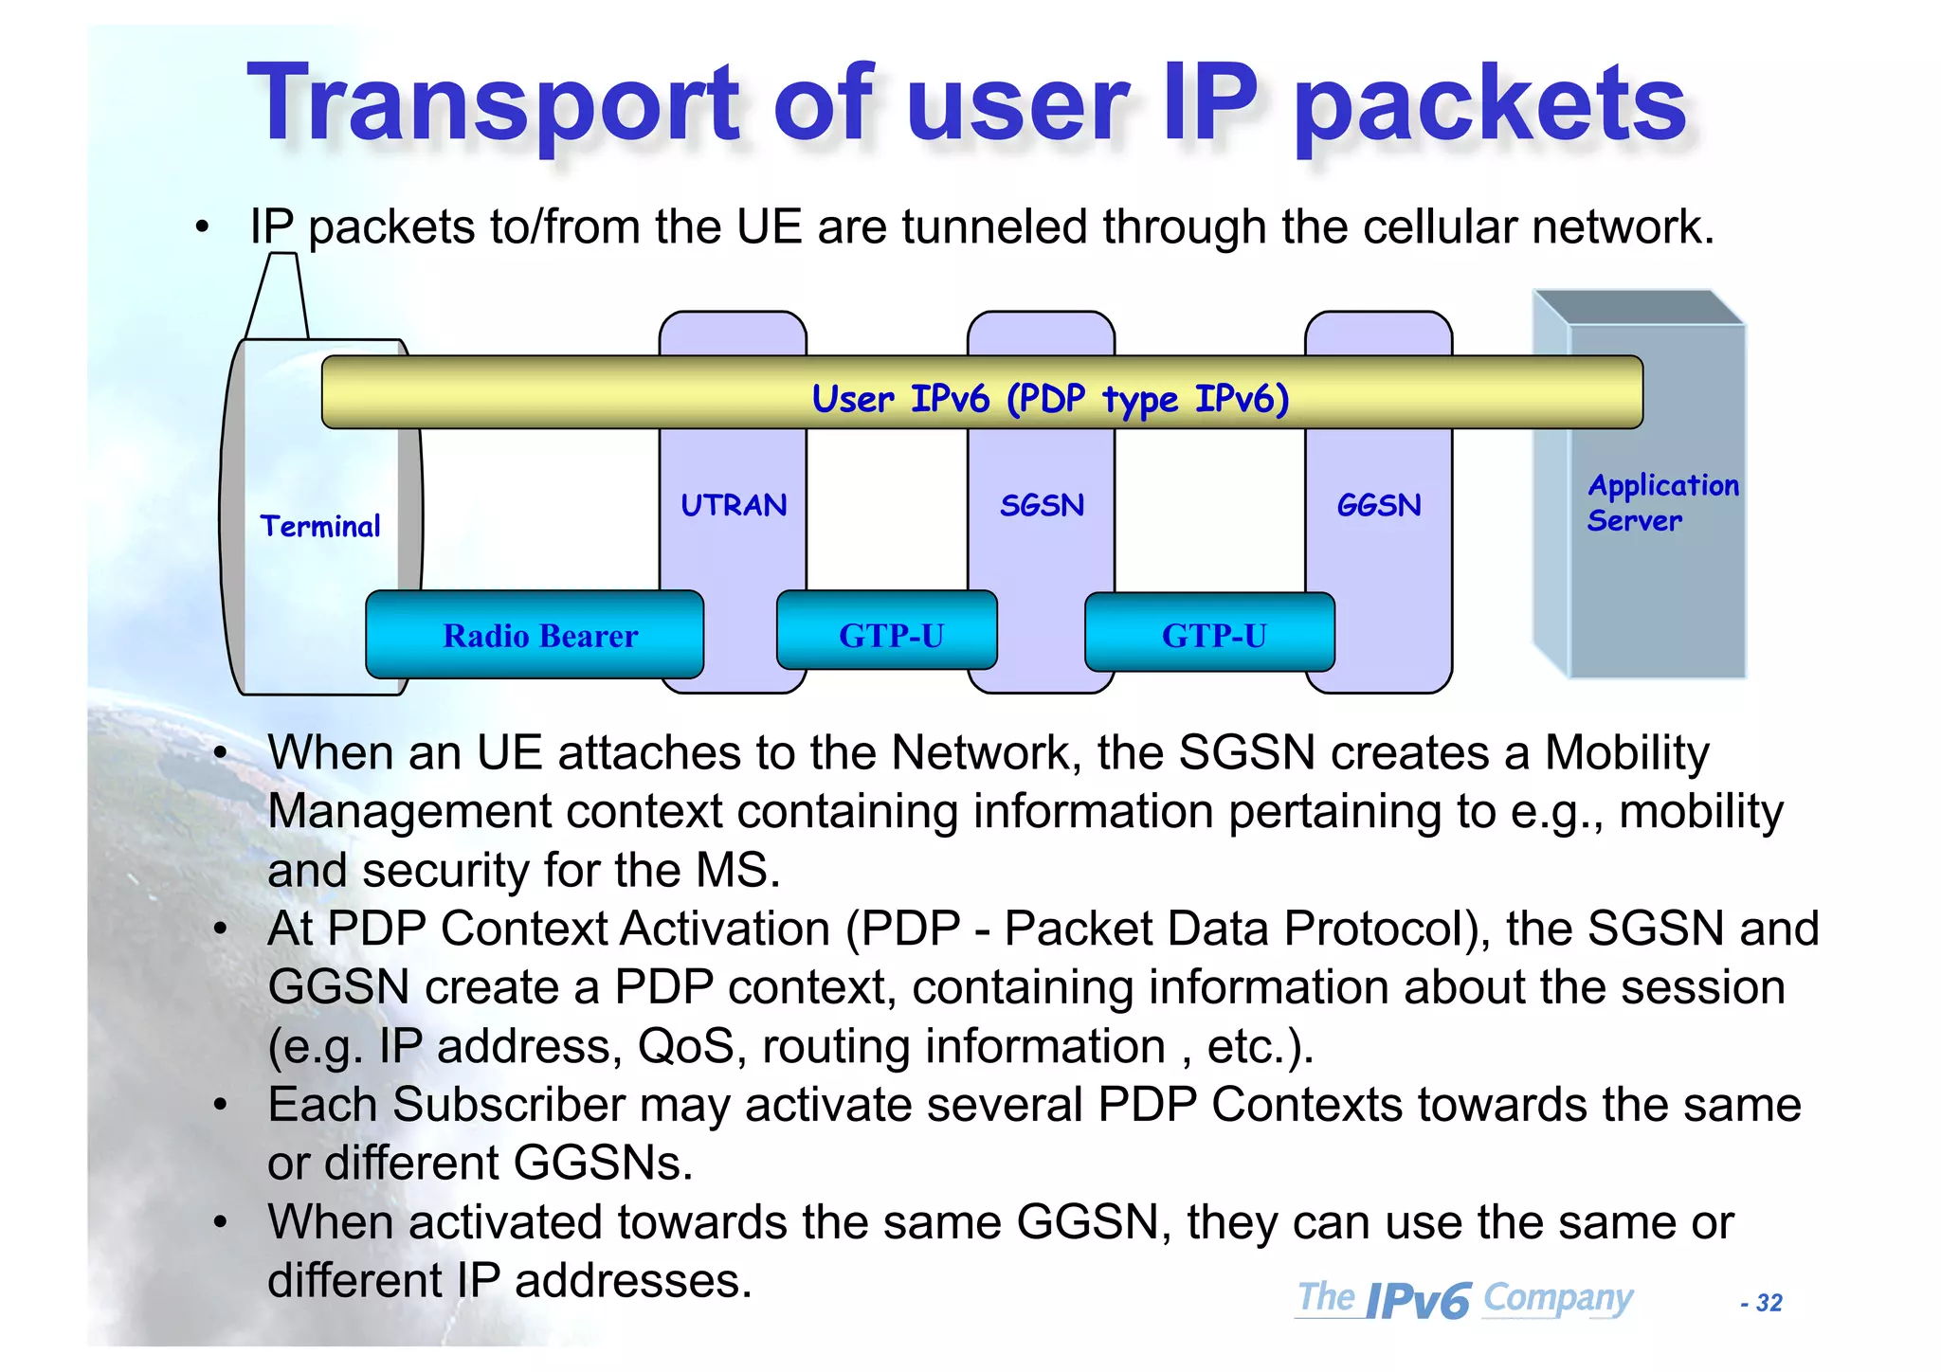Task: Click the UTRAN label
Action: click(x=734, y=505)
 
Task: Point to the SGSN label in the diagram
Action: click(x=1042, y=505)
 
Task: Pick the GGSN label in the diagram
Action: click(x=1379, y=505)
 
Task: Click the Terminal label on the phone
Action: click(x=320, y=526)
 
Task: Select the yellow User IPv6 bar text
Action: click(x=1050, y=399)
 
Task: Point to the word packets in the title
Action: click(x=1491, y=104)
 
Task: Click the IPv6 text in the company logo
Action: click(x=1418, y=1301)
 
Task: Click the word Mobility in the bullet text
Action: click(x=1626, y=753)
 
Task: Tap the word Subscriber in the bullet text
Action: click(x=509, y=1105)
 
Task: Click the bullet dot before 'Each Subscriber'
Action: click(x=221, y=1105)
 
